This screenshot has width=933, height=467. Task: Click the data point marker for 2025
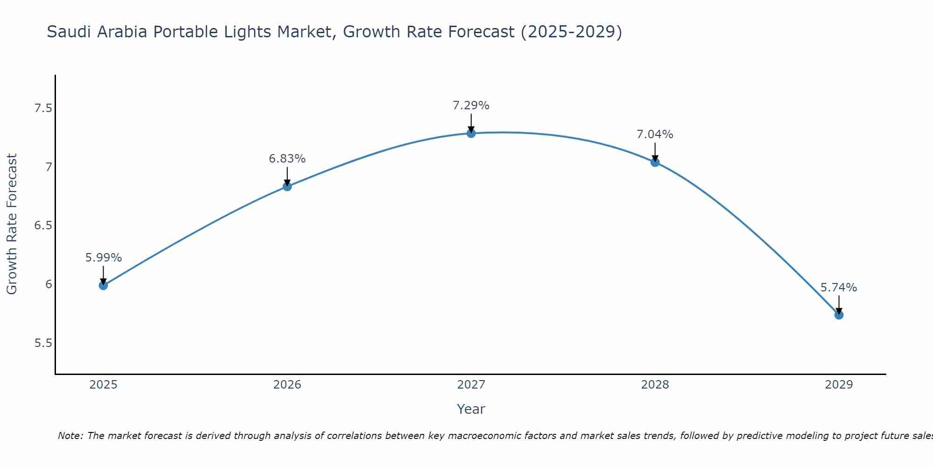click(x=103, y=285)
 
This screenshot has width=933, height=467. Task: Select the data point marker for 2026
click(x=287, y=186)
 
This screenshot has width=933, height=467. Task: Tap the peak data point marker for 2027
click(x=471, y=133)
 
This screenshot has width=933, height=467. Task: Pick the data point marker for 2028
click(x=655, y=163)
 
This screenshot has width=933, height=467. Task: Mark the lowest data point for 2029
click(x=839, y=315)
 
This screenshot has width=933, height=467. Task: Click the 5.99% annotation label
click(x=103, y=258)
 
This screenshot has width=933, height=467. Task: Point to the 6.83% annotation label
click(x=287, y=159)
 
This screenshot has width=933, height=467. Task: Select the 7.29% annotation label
click(x=471, y=106)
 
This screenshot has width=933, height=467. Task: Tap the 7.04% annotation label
click(x=655, y=134)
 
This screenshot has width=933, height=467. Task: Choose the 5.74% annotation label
click(x=839, y=288)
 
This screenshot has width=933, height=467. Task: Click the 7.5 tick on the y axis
click(x=43, y=108)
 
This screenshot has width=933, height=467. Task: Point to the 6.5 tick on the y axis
click(x=43, y=226)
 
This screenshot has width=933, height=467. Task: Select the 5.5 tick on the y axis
click(x=43, y=343)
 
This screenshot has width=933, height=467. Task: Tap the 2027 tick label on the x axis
click(x=471, y=385)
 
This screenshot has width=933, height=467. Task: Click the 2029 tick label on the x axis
click(x=839, y=385)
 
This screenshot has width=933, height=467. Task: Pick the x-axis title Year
click(x=471, y=409)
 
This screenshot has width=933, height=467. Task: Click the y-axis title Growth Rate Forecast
click(x=12, y=224)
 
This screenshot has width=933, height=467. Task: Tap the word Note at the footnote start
click(x=70, y=436)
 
